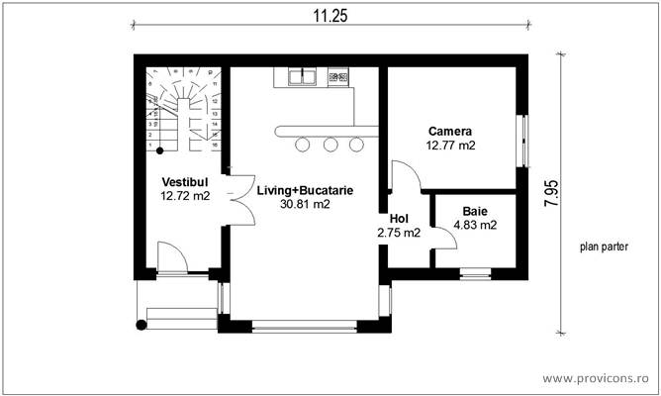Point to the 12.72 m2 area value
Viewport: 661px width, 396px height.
(x=185, y=196)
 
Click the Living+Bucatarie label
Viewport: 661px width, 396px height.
(x=305, y=189)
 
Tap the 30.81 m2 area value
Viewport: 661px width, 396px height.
(x=305, y=204)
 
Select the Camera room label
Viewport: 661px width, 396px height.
(x=450, y=131)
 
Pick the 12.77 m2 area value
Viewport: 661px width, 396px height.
(x=450, y=146)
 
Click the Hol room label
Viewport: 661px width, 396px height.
(x=399, y=219)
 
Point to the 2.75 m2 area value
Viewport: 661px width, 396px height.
(x=399, y=233)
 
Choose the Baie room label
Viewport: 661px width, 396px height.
(x=475, y=211)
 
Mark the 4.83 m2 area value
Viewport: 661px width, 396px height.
(x=475, y=225)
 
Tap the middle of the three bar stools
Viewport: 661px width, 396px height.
(x=330, y=145)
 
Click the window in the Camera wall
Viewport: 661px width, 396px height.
(x=523, y=140)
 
